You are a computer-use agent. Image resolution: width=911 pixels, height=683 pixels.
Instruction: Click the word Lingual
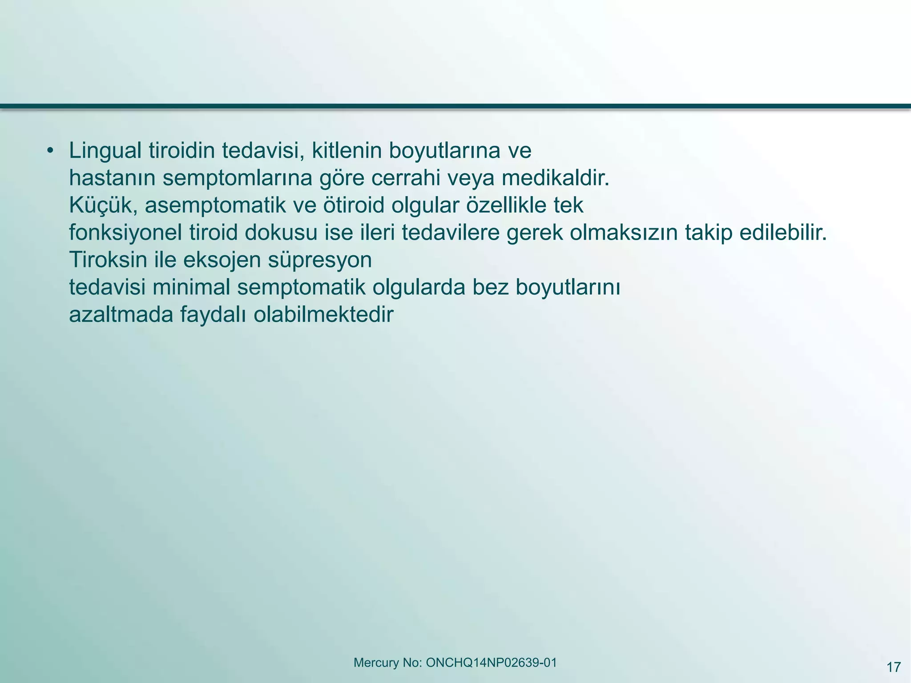[x=105, y=151]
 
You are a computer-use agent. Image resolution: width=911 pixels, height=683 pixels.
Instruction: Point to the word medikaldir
[x=555, y=178]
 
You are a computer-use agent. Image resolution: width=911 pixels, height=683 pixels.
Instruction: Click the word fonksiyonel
[x=125, y=233]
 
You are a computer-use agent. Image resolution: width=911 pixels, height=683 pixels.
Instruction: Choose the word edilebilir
[x=783, y=233]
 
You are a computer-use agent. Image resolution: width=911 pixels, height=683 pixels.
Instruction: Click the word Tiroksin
[x=108, y=260]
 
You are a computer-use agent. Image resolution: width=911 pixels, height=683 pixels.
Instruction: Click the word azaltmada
[x=121, y=314]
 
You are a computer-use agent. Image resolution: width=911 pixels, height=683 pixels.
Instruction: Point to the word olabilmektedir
[x=324, y=314]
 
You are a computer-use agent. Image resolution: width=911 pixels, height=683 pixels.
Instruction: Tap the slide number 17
[x=894, y=667]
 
